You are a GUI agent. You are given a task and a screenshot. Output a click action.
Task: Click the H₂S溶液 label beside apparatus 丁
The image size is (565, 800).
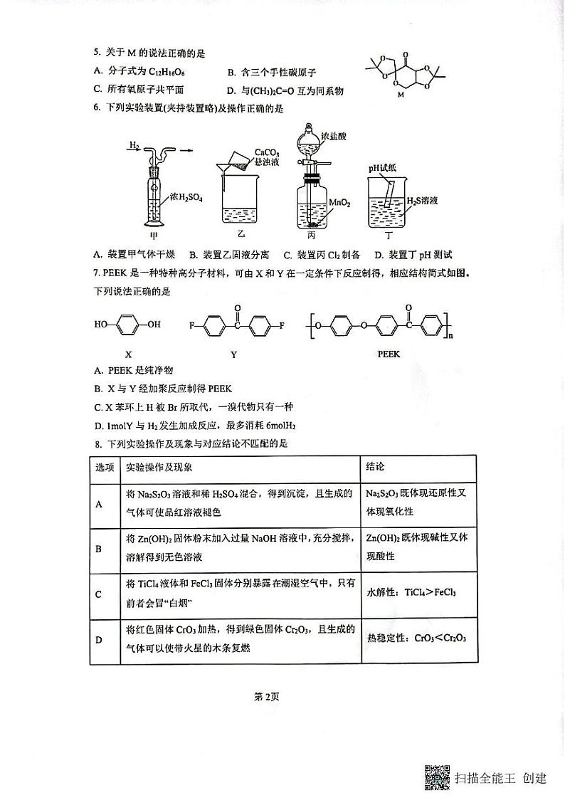coord(421,201)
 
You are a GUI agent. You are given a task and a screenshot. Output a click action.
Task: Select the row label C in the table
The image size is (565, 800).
coord(99,594)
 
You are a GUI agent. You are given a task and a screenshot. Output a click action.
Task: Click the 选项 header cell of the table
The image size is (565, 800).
coord(105,467)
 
